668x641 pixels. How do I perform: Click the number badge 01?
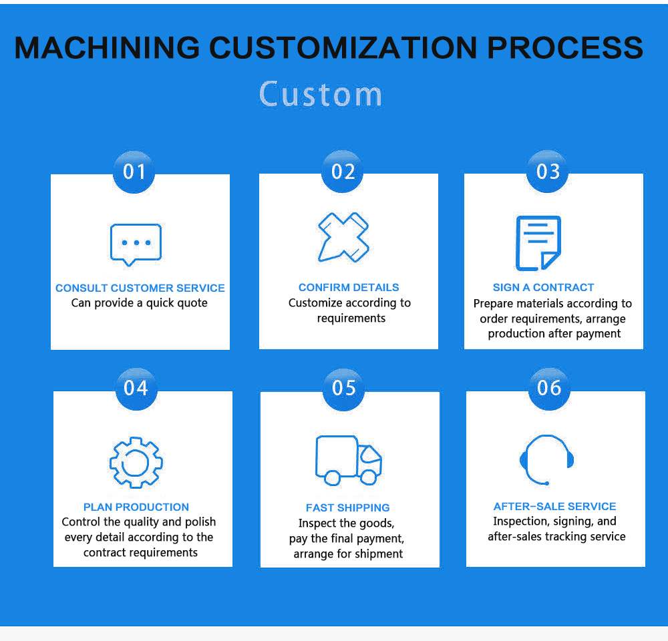134,172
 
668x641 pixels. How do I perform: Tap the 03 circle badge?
548,171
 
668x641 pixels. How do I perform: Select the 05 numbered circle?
343,389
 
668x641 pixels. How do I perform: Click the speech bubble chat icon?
136,244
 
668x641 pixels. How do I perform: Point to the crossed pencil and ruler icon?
343,237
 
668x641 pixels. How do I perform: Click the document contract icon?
538,243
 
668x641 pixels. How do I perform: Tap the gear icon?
136,463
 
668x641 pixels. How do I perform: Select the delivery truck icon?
349,461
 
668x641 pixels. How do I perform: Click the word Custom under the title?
321,94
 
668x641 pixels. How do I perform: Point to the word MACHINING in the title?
107,47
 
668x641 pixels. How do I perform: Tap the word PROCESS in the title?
565,47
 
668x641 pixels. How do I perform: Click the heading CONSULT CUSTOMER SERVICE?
140,288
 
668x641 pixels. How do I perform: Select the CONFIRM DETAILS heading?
349,288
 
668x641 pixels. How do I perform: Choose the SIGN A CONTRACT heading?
543,288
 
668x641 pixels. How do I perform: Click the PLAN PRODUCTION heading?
136,507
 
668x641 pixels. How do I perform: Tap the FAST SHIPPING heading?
347,507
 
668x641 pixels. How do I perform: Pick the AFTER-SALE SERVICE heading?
554,506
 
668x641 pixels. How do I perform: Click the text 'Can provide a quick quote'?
140,303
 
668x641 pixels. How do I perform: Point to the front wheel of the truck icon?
369,477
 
